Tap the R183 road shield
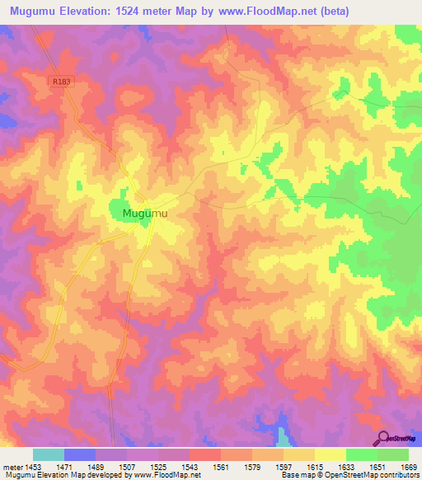click(59, 82)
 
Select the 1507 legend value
click(128, 467)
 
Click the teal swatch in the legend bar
click(49, 454)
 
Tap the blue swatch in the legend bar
click(80, 454)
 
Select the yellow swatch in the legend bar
click(330, 454)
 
